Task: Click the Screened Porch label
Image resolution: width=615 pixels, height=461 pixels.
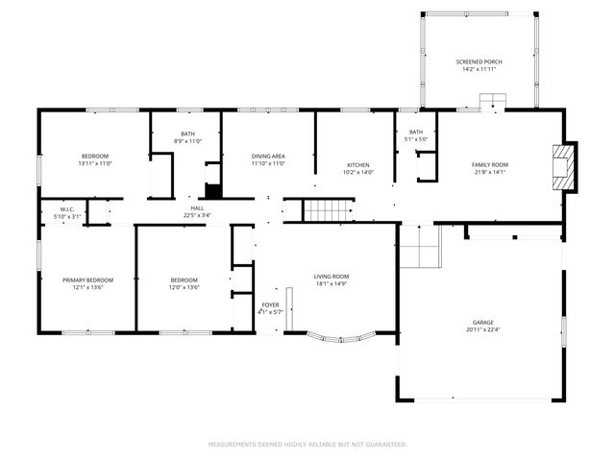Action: pos(478,61)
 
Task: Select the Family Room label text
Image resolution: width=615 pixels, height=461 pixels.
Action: pos(490,164)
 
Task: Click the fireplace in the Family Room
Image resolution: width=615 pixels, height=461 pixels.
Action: pos(568,165)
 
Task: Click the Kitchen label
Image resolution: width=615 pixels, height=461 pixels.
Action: pos(357,164)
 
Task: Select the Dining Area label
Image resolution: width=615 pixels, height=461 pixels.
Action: pos(269,156)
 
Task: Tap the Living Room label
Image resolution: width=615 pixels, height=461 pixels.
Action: pos(332,276)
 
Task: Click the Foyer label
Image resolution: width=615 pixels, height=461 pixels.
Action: pos(270,304)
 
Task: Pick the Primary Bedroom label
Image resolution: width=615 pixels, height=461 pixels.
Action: pos(87,279)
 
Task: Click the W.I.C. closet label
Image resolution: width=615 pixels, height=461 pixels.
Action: pos(67,208)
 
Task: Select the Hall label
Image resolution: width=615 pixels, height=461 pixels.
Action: pos(197,207)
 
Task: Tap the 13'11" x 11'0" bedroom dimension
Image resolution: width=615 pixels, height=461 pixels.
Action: pos(95,163)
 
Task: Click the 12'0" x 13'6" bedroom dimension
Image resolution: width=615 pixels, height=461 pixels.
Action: pos(184,287)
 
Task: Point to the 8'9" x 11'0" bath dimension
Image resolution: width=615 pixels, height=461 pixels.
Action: pos(188,141)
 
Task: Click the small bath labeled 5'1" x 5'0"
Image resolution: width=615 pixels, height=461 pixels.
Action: pos(415,135)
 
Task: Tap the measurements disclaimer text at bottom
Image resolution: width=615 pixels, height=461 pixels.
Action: pos(307,445)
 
